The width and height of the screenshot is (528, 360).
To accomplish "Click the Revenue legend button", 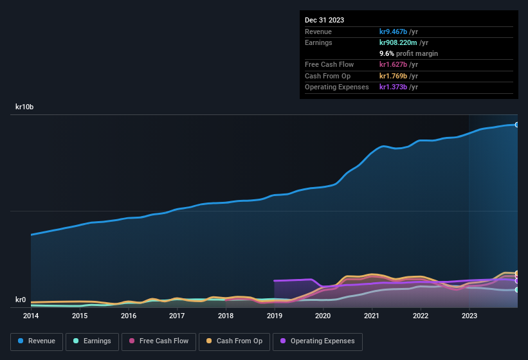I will [37, 341].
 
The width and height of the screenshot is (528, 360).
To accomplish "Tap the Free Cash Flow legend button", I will [159, 341].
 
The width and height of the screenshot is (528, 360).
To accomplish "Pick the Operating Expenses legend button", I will [317, 341].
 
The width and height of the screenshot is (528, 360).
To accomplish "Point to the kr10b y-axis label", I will [24, 107].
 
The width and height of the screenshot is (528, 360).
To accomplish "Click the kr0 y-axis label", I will [21, 300].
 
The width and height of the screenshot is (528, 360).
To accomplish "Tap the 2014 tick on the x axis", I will [31, 316].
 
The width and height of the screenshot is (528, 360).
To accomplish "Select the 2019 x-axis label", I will [275, 316].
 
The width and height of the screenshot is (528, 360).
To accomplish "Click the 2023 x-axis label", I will [469, 316].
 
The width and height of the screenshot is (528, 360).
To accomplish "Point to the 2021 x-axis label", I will [372, 316].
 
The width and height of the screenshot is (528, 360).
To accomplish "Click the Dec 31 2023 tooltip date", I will [324, 20].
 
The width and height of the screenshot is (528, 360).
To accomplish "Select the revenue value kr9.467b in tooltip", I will [399, 32].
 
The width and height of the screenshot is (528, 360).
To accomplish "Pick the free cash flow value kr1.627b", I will [399, 64].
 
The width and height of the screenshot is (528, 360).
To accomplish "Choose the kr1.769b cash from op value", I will [399, 76].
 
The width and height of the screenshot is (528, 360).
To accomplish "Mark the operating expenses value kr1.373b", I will [399, 87].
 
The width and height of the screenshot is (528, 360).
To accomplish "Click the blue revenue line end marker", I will [517, 125].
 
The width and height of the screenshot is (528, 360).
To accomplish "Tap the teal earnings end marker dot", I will [517, 290].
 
